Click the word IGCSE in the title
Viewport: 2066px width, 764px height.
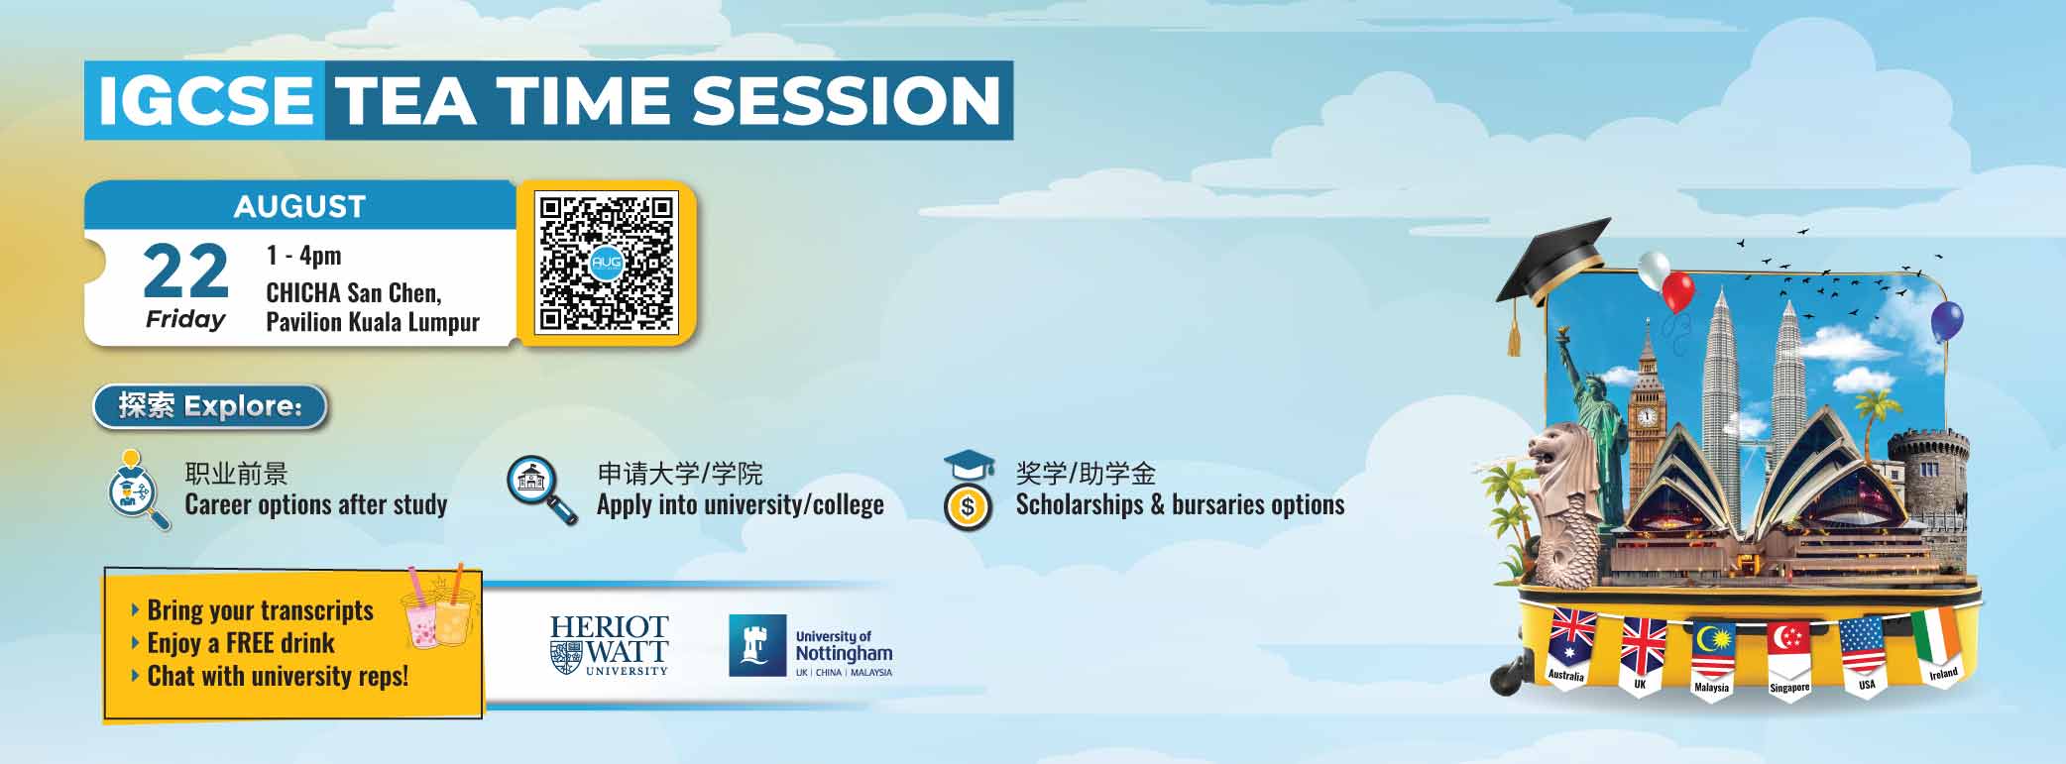pyautogui.click(x=205, y=101)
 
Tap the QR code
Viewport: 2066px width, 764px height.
pyautogui.click(x=606, y=264)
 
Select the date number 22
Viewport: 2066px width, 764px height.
pyautogui.click(x=185, y=272)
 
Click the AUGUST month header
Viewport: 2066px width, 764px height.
pyautogui.click(x=299, y=206)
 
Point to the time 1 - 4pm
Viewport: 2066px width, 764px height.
pyautogui.click(x=303, y=256)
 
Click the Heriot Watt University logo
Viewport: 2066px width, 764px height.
pyautogui.click(x=610, y=645)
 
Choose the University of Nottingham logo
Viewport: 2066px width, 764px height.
pyautogui.click(x=811, y=646)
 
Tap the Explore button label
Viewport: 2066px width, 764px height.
pyautogui.click(x=210, y=406)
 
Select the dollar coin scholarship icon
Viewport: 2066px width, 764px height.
pyautogui.click(x=968, y=507)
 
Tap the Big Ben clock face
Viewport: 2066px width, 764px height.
pyautogui.click(x=1647, y=416)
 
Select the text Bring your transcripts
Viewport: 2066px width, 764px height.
pyautogui.click(x=260, y=610)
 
